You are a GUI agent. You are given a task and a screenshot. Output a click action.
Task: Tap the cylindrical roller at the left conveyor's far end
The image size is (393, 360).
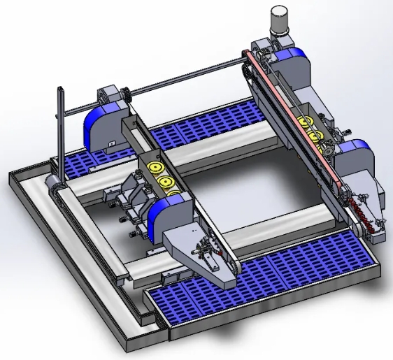click(50, 184)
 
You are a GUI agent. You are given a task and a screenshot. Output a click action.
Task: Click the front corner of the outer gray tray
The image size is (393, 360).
click(126, 346)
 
